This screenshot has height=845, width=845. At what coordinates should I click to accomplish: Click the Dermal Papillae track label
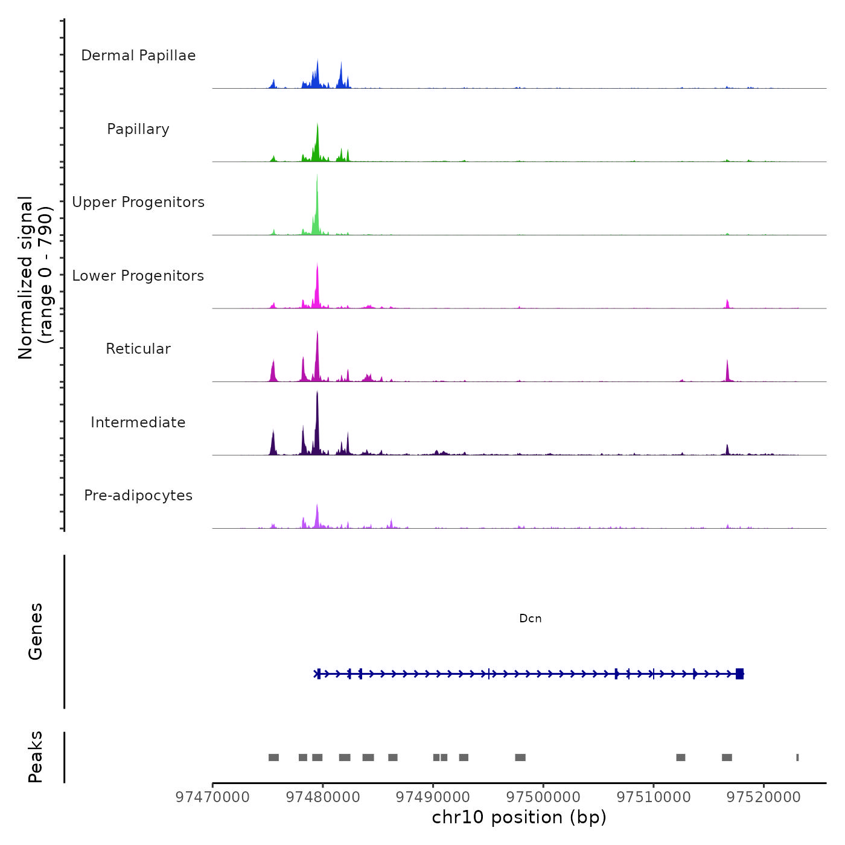tap(138, 56)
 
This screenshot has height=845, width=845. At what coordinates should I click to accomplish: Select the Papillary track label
tap(138, 129)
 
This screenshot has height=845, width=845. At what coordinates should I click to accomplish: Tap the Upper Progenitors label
tap(138, 202)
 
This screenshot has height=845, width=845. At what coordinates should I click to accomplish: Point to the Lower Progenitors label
tap(138, 276)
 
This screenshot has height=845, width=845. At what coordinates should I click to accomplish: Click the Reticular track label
tap(138, 349)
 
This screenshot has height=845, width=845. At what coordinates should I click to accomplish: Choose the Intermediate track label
tap(138, 422)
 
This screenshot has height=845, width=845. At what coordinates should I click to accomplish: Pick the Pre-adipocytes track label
tap(138, 496)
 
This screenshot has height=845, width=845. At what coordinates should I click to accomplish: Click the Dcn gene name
tap(531, 619)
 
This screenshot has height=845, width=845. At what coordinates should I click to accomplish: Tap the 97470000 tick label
tap(212, 797)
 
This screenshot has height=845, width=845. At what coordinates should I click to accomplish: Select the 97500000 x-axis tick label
tap(543, 797)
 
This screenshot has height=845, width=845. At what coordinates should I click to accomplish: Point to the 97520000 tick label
tap(764, 797)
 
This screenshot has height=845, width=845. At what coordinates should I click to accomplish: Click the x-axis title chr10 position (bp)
tap(519, 817)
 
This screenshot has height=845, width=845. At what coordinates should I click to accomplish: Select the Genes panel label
tap(36, 631)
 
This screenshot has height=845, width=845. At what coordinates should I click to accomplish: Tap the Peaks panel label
tap(36, 757)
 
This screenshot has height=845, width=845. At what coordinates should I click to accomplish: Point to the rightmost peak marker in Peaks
tap(797, 757)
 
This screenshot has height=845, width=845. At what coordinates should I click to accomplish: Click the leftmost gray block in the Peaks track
tap(273, 757)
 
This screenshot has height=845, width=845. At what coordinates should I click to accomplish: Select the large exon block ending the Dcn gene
tap(739, 674)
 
